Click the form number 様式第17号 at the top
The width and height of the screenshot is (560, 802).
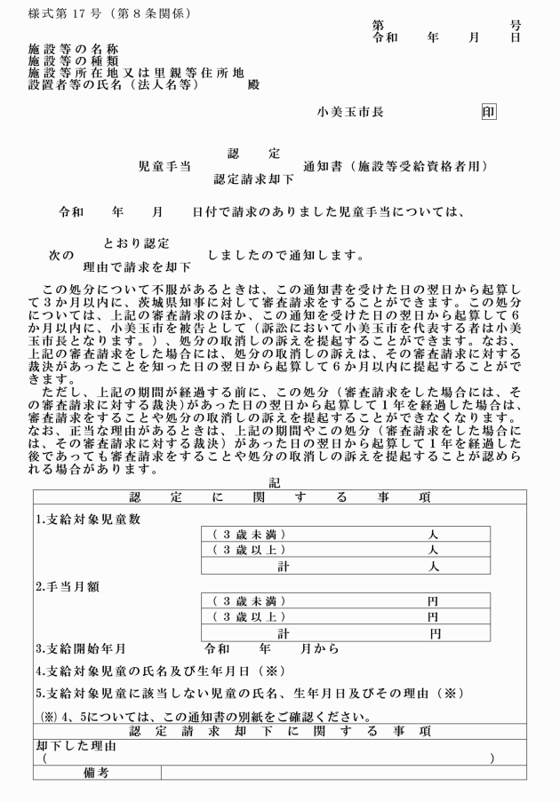[108, 14]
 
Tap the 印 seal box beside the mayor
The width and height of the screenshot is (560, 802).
[488, 113]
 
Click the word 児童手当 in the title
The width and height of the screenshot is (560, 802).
[164, 165]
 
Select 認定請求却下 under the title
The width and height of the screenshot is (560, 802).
[252, 178]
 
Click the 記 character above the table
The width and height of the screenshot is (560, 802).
[279, 481]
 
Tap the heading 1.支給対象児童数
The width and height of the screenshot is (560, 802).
[88, 519]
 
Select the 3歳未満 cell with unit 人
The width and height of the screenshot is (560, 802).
[347, 535]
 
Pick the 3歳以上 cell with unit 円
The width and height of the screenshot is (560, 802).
[347, 616]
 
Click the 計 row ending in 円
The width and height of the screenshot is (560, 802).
[347, 633]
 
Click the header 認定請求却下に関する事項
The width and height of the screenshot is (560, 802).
[279, 731]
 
